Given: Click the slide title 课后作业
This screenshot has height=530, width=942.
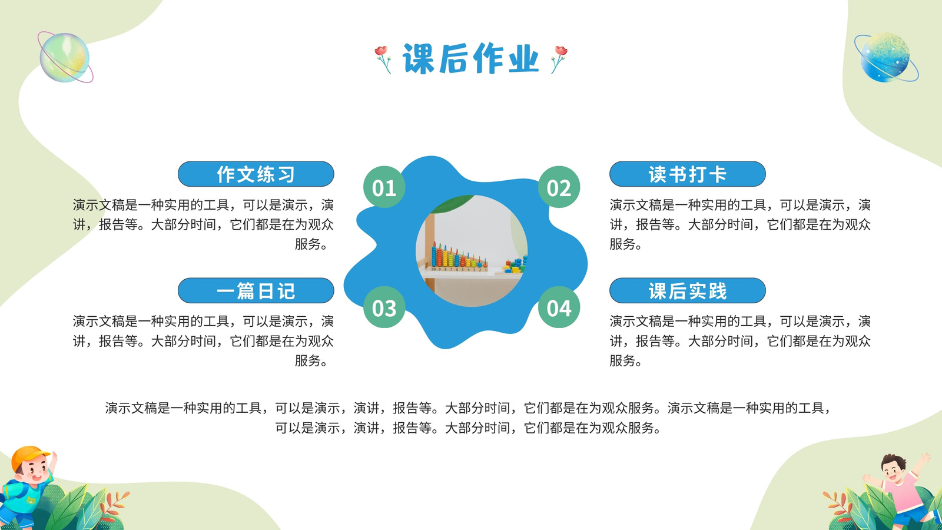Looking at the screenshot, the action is coord(470,58).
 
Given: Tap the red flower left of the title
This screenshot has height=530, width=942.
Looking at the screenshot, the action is coord(383,59).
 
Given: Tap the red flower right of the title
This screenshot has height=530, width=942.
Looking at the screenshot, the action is coord(559,59).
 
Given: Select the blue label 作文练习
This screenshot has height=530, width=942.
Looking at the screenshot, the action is coord(256,174).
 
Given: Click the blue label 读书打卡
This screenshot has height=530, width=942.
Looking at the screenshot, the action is coord(688,174).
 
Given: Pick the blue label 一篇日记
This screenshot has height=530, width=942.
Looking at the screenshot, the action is coord(256,291).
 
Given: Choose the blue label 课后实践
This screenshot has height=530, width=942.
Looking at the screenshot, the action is coord(688,291).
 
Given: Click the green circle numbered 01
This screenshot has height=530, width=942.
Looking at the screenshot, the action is coord(384,187).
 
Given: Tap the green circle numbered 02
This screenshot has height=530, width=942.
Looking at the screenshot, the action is coord(559,187).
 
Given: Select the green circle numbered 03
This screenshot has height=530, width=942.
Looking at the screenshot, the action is coord(384,307).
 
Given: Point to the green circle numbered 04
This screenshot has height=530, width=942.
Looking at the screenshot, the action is coord(559,307).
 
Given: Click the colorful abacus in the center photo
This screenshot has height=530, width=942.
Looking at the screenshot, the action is coord(459,257).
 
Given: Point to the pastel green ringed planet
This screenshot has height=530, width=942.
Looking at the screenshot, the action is coord(65,57).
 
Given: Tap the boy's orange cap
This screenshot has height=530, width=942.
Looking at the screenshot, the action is coord(29,457).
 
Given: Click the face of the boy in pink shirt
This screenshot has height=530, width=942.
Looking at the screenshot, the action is coord(895,469).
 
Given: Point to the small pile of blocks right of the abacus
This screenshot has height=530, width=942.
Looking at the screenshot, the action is coord(516,265).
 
